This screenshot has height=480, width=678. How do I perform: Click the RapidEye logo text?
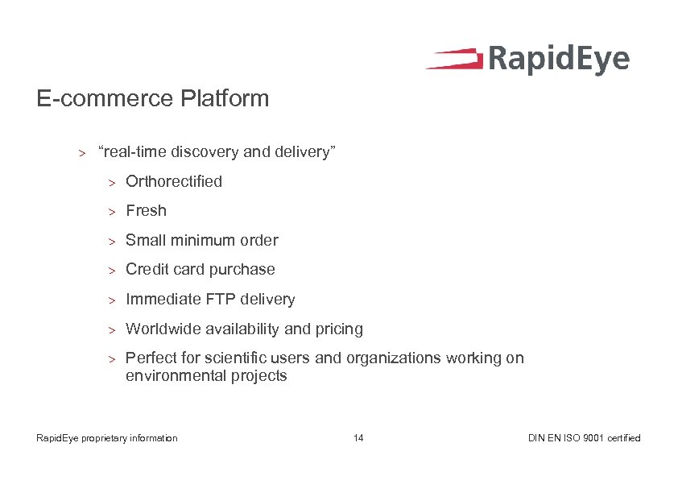(x=558, y=60)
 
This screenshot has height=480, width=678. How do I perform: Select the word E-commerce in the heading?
(x=105, y=99)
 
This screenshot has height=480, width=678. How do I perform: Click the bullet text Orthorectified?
(x=174, y=181)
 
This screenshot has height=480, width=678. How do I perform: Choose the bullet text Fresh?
(x=146, y=211)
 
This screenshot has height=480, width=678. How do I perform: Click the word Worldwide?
(x=163, y=329)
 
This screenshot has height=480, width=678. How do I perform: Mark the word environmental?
(x=172, y=376)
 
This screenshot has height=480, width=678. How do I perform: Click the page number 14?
(x=358, y=438)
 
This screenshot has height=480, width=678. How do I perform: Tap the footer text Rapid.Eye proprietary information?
(x=107, y=438)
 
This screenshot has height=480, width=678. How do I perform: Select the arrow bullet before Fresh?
(x=114, y=212)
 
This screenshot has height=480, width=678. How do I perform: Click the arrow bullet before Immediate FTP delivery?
(x=114, y=300)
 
